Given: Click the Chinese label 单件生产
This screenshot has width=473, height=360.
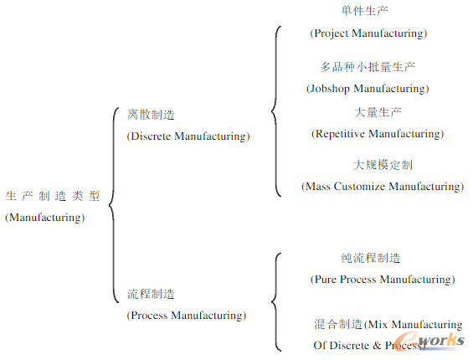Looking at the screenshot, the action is pos(364,11).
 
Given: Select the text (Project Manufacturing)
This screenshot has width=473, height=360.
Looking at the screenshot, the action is pos(368,33).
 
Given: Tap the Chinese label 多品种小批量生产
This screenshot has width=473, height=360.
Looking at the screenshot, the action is pos(368,67).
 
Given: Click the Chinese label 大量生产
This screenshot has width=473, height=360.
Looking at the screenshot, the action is pos(378,112).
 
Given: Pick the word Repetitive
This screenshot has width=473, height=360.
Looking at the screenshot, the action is pos(340,133).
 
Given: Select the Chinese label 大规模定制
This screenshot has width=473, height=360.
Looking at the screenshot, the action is pos(383,165).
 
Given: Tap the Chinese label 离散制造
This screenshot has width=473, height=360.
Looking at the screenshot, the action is pos(151,115).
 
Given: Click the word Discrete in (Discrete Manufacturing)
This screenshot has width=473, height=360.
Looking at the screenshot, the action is pos(151,136).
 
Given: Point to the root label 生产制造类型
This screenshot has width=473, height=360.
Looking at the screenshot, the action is pos(53,196).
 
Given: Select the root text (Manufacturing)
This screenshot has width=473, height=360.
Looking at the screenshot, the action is pos(45,218).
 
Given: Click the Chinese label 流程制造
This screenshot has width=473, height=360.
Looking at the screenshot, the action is pos(151,294).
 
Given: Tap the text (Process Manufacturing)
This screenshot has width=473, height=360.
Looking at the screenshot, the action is pos(187,316).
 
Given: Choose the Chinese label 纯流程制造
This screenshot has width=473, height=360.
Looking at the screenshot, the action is pos(371,258).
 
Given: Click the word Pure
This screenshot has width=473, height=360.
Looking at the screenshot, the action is pos(326,280).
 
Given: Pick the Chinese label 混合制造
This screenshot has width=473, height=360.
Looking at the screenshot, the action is pos(338,324).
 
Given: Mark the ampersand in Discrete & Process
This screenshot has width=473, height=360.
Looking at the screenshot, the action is pos(377,345).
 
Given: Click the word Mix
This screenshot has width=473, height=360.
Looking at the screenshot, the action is pos(378,324).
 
